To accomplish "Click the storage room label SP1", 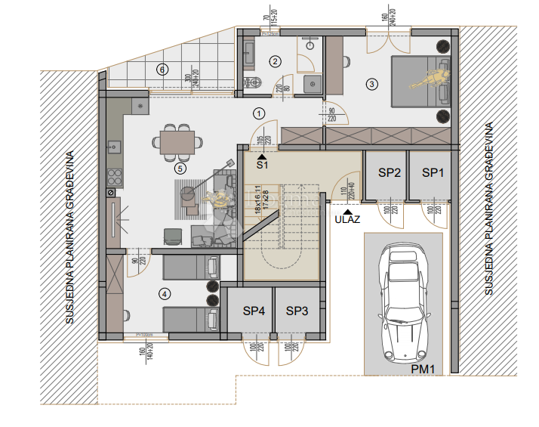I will point(433,172).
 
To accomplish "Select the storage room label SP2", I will point(389,172).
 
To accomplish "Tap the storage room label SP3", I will point(297,311).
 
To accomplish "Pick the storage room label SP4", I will point(254,311).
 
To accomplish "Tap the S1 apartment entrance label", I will point(262,163).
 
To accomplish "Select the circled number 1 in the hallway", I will point(259,114).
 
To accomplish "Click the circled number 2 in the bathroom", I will point(276,61).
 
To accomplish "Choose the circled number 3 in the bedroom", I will point(371,83).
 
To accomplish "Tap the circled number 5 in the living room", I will point(180,169).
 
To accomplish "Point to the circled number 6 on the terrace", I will point(161,70).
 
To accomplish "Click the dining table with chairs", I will point(177,140).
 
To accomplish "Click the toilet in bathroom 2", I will point(254,82).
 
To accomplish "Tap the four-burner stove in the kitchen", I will point(116,177).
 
